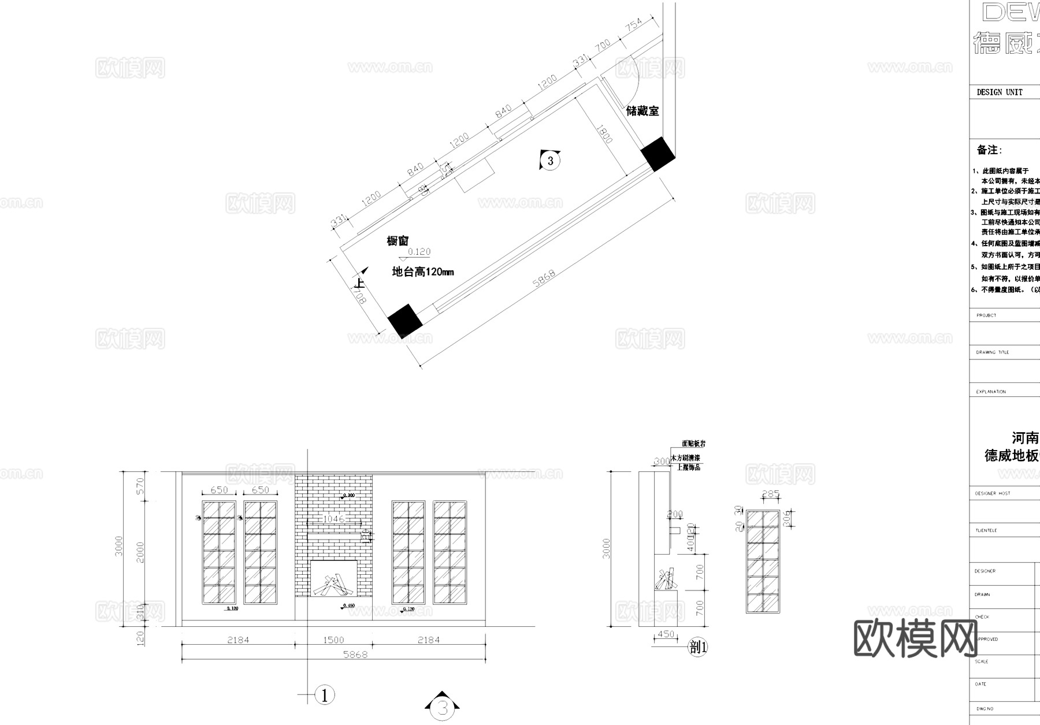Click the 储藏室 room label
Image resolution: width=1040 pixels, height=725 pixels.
642,111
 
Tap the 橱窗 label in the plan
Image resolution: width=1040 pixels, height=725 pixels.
398,241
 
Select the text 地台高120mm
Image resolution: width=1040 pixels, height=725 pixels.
423,272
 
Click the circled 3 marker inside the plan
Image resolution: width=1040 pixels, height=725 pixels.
550,161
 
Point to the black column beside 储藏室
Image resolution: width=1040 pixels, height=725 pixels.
658,154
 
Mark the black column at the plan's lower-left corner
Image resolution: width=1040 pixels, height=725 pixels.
405,321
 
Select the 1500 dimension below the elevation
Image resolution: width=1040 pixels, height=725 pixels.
333,640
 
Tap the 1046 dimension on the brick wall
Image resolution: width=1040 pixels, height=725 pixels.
333,519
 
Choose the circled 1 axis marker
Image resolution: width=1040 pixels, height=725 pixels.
325,695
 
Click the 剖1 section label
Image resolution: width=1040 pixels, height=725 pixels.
699,647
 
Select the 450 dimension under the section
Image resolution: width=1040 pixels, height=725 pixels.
666,634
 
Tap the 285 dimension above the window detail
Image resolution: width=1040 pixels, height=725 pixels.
771,495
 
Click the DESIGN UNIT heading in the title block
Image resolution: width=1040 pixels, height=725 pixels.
1000,92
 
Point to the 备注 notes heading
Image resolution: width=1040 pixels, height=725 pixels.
989,150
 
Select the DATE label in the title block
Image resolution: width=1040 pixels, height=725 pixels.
981,684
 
